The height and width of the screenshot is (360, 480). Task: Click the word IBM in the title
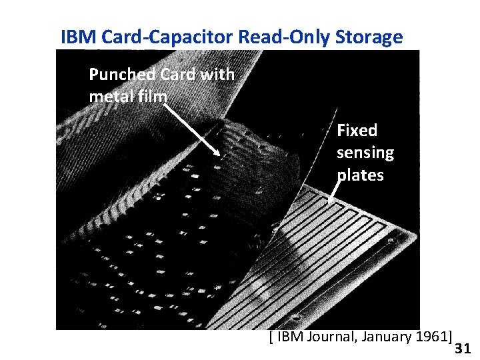[x=75, y=37]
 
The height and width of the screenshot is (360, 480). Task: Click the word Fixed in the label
[x=357, y=130]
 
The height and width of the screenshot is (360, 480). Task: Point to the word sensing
[x=365, y=153]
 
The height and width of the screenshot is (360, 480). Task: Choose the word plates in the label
[x=360, y=175]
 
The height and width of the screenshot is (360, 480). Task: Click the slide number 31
[x=462, y=348]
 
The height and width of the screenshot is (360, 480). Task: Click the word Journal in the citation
[x=327, y=335]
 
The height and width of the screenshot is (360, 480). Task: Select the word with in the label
[x=217, y=74]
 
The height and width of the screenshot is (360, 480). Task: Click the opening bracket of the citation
[x=270, y=336]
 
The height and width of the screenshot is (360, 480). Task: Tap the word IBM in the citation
[x=287, y=335]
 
